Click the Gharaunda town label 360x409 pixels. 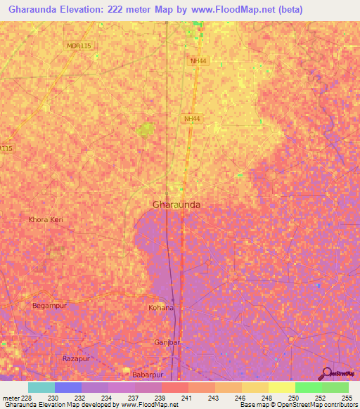(176, 204)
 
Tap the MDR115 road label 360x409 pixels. (79, 46)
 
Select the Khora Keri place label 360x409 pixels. (46, 220)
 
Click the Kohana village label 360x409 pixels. (161, 308)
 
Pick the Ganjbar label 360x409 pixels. (167, 342)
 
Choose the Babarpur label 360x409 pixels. (148, 375)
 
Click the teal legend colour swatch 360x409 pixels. (41, 387)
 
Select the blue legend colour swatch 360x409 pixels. (68, 387)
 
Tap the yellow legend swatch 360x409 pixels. (282, 387)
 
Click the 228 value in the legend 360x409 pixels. (27, 398)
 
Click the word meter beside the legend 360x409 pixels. (11, 398)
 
